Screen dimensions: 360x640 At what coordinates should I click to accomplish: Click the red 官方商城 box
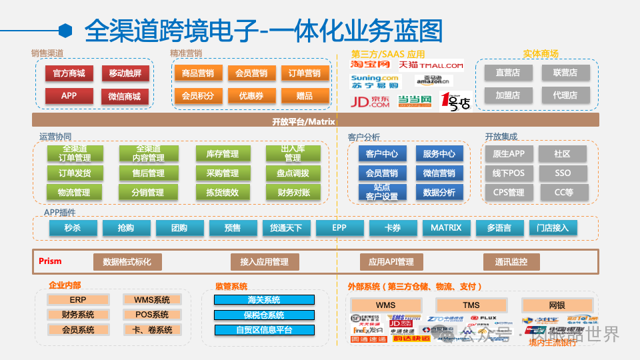click(x=69, y=73)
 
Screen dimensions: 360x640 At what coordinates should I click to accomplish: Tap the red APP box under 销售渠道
click(x=69, y=96)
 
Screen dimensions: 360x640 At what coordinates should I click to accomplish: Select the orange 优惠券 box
click(x=251, y=96)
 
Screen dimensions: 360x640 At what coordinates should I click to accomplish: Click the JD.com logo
click(x=370, y=101)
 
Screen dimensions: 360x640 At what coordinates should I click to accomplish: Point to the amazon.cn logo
click(x=433, y=81)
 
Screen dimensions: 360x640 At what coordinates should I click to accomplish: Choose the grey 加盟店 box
click(x=507, y=95)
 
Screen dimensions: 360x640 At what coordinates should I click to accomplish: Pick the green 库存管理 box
click(x=222, y=154)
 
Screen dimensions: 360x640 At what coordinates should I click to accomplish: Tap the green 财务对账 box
click(x=293, y=193)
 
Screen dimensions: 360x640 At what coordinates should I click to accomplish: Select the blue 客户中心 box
click(x=382, y=153)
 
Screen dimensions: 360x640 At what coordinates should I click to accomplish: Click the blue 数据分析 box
click(x=439, y=193)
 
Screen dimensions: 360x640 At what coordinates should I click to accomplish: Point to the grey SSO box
click(x=563, y=173)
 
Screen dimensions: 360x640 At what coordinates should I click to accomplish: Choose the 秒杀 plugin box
click(x=73, y=228)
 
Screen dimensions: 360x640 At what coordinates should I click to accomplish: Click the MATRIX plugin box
click(x=446, y=228)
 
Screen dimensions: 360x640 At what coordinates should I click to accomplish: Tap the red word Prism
click(x=50, y=261)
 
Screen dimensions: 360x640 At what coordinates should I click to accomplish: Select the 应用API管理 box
click(x=391, y=262)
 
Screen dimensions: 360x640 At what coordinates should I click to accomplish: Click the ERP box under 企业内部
click(x=78, y=300)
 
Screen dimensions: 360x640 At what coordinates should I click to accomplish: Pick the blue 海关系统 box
click(x=264, y=300)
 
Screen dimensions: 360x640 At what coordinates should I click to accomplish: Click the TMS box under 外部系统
click(x=471, y=305)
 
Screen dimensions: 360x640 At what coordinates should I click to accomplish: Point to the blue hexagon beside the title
click(x=65, y=31)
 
